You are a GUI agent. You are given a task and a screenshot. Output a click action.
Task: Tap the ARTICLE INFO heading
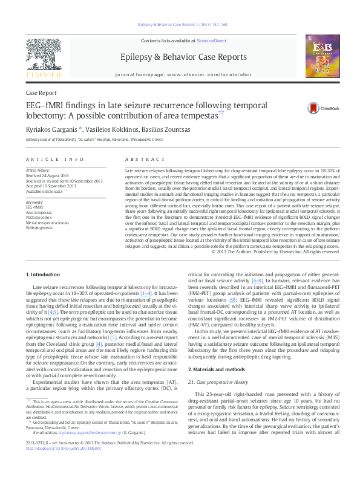54,159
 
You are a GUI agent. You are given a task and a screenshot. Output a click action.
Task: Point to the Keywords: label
34,201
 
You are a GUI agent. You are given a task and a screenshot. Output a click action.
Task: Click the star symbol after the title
221,112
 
